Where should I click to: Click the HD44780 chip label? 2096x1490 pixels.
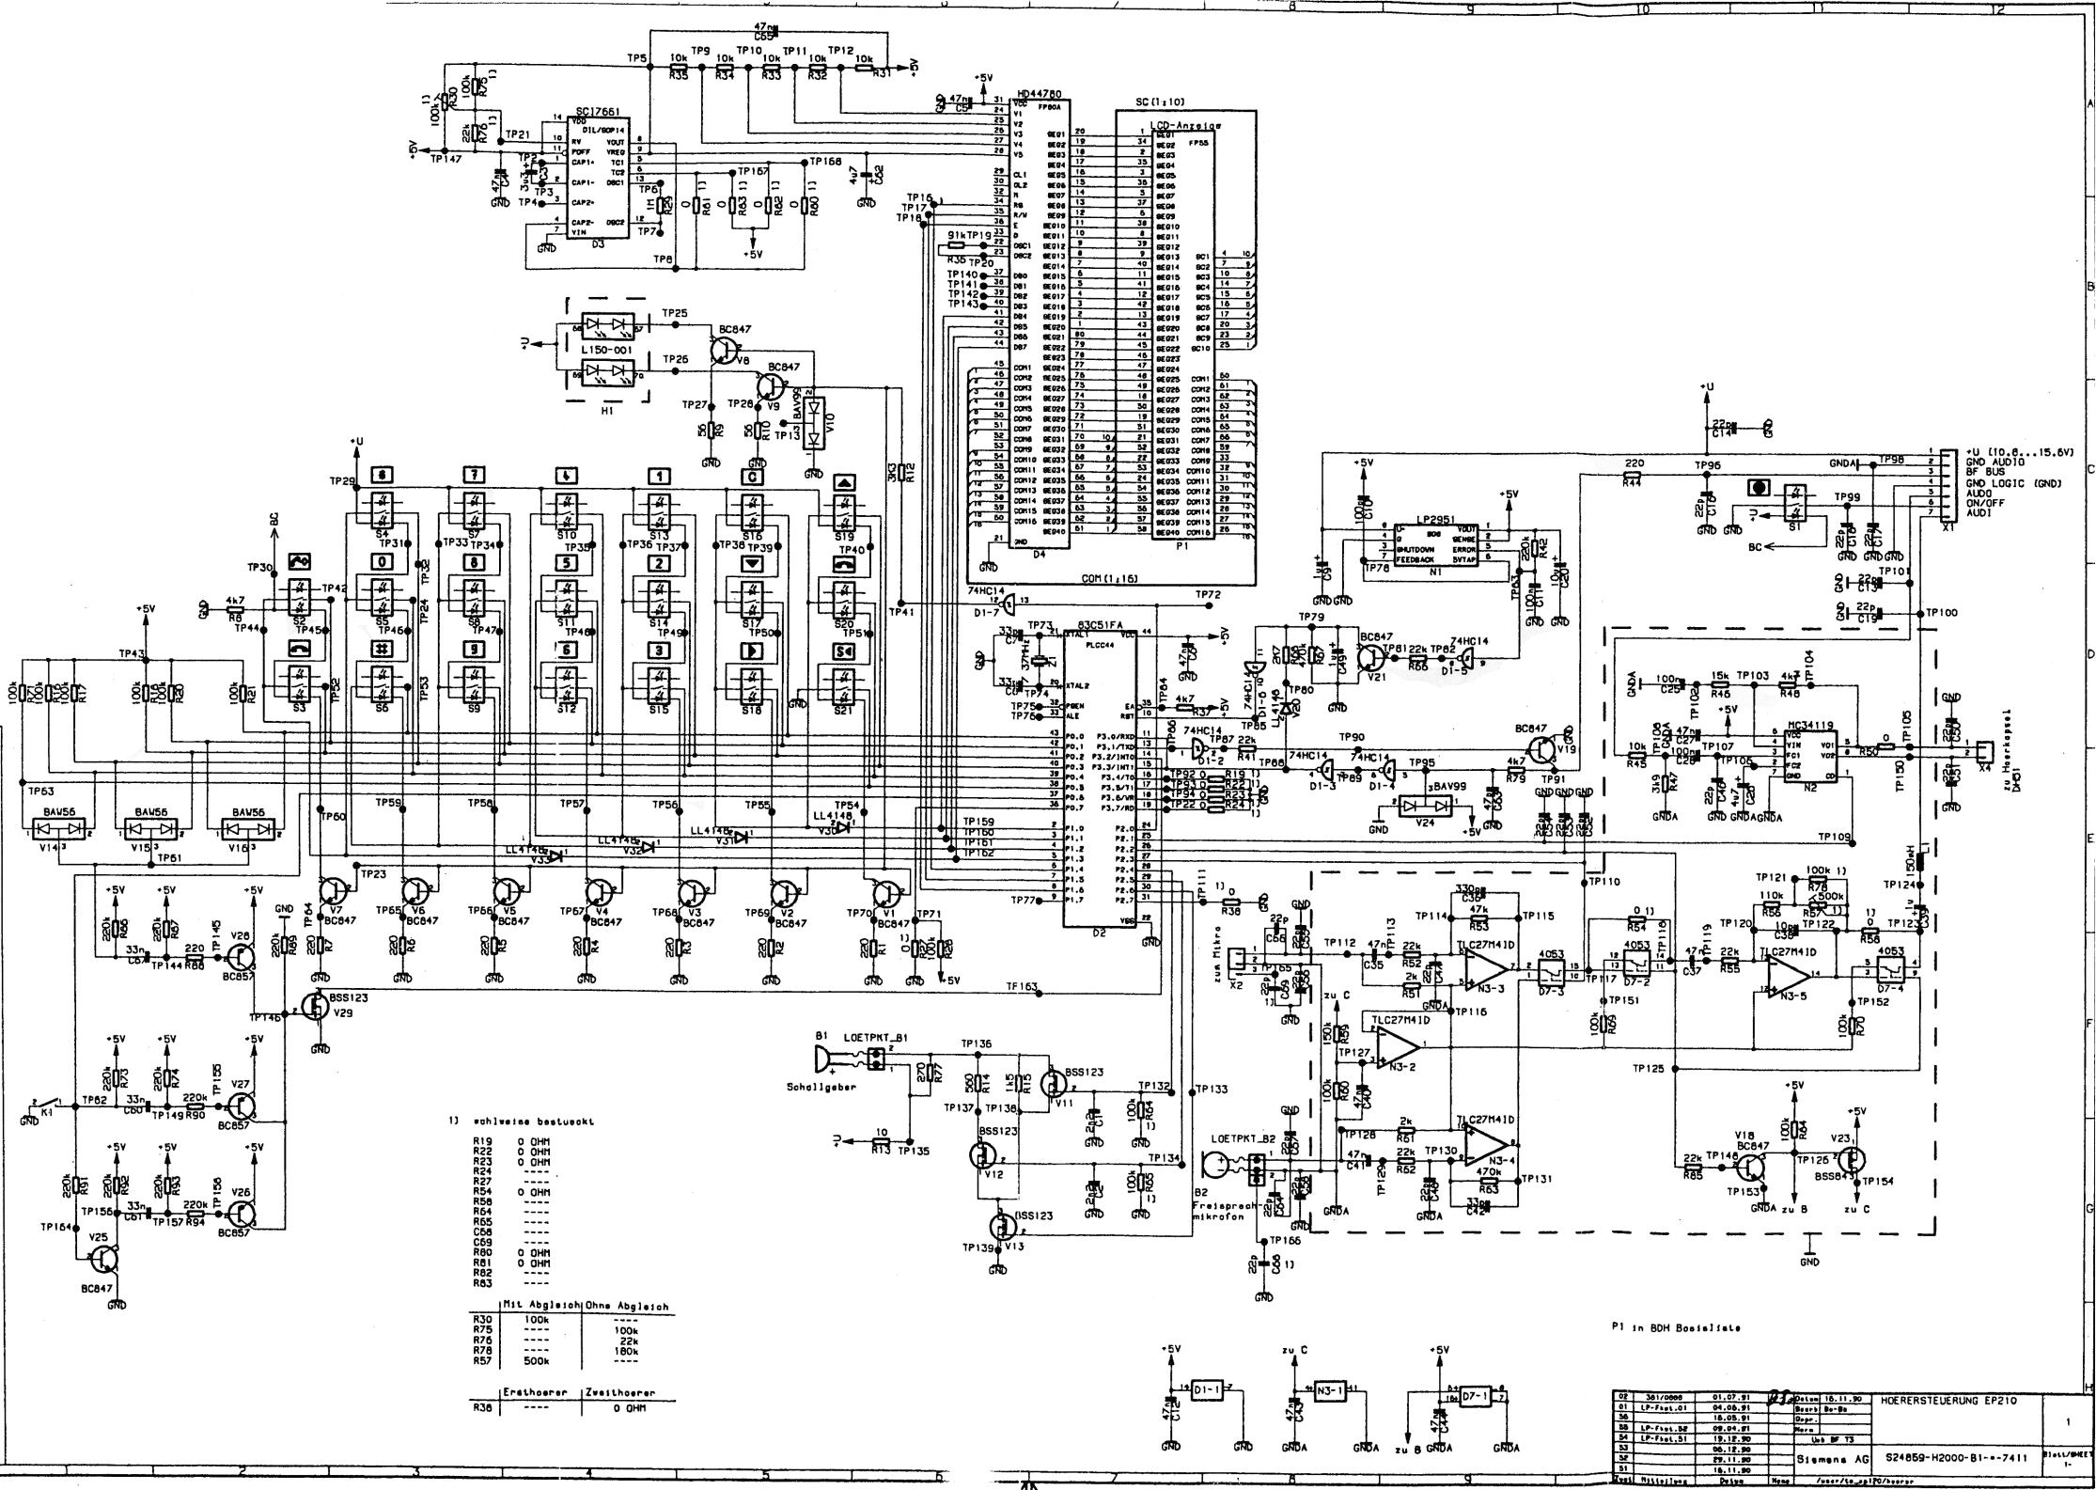(1040, 95)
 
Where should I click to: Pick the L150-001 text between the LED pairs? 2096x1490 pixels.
(606, 350)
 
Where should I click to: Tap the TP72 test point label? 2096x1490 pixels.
(1208, 595)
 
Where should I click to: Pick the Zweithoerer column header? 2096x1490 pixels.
(618, 1392)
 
